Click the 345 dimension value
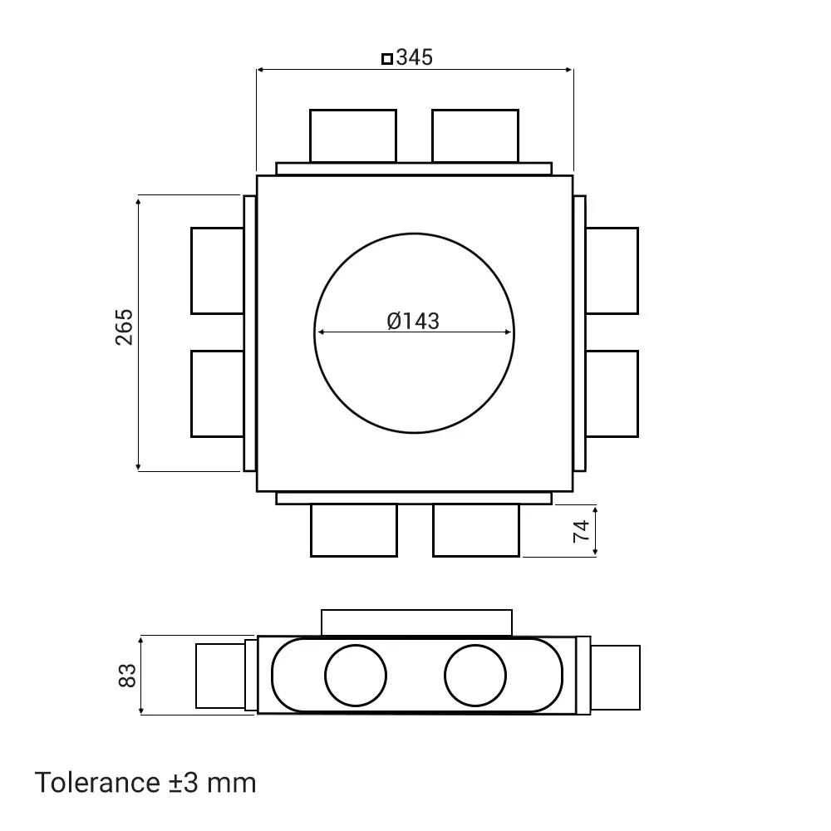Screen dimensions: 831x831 tap(415, 57)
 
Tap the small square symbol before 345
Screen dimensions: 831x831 tap(387, 58)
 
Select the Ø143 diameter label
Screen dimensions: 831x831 tap(413, 321)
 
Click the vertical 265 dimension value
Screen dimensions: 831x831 tap(124, 327)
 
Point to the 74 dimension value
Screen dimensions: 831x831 tap(582, 531)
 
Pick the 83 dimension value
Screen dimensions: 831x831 tap(127, 676)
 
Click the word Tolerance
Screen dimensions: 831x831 tap(97, 782)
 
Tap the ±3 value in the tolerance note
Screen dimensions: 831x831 tap(184, 782)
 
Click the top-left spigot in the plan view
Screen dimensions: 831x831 tap(353, 135)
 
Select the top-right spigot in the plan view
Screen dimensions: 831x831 tap(475, 135)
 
